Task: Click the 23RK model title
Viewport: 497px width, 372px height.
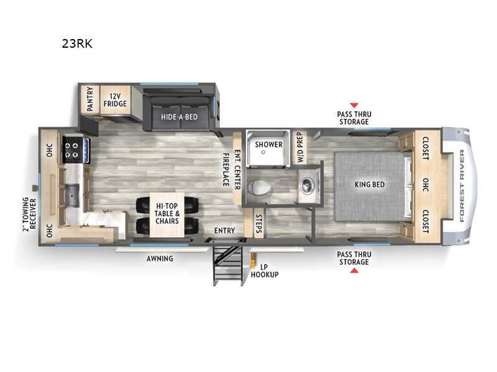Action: pos(77,43)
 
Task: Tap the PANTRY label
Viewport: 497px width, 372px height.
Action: pos(90,99)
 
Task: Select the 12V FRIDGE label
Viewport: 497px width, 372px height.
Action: pos(115,100)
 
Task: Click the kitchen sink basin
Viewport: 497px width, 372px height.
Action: pos(71,195)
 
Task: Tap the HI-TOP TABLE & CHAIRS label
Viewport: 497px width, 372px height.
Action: pos(167,213)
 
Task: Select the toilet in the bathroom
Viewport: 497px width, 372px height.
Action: pos(259,187)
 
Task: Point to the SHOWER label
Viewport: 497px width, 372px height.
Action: pos(268,144)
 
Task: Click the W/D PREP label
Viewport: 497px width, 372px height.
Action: pos(300,148)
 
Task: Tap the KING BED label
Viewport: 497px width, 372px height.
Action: pos(370,184)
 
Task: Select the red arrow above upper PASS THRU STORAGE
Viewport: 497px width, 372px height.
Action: pos(354,105)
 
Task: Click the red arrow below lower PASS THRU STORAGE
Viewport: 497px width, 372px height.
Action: pos(354,270)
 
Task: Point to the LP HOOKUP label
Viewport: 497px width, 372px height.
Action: pos(265,271)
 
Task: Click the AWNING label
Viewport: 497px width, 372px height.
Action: pos(160,259)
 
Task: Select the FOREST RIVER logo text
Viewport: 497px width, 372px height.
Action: pos(462,185)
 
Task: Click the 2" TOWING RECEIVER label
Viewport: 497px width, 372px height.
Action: pos(29,215)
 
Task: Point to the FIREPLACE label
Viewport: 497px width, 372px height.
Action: pos(226,170)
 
